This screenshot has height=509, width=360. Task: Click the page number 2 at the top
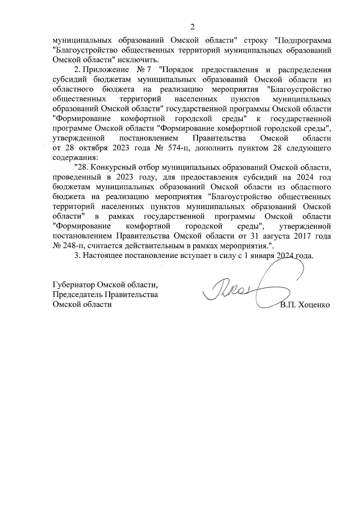click(193, 27)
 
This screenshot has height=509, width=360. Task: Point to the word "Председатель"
click(78, 295)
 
